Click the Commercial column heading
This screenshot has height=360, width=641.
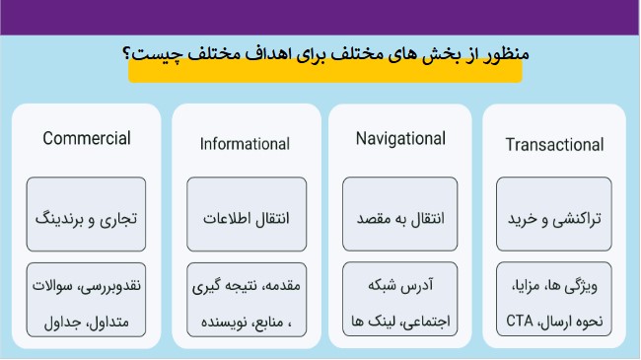pyautogui.click(x=87, y=139)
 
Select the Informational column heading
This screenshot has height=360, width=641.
pyautogui.click(x=245, y=144)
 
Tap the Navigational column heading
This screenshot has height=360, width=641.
pyautogui.click(x=400, y=139)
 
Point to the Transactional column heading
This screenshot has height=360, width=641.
pyautogui.click(x=554, y=145)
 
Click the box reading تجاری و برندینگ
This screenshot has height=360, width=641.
pyautogui.click(x=87, y=214)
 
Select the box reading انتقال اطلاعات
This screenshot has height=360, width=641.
pyautogui.click(x=245, y=214)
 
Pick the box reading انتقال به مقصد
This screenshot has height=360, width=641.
pyautogui.click(x=400, y=214)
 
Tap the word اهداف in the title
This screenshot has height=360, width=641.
pyautogui.click(x=288, y=53)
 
